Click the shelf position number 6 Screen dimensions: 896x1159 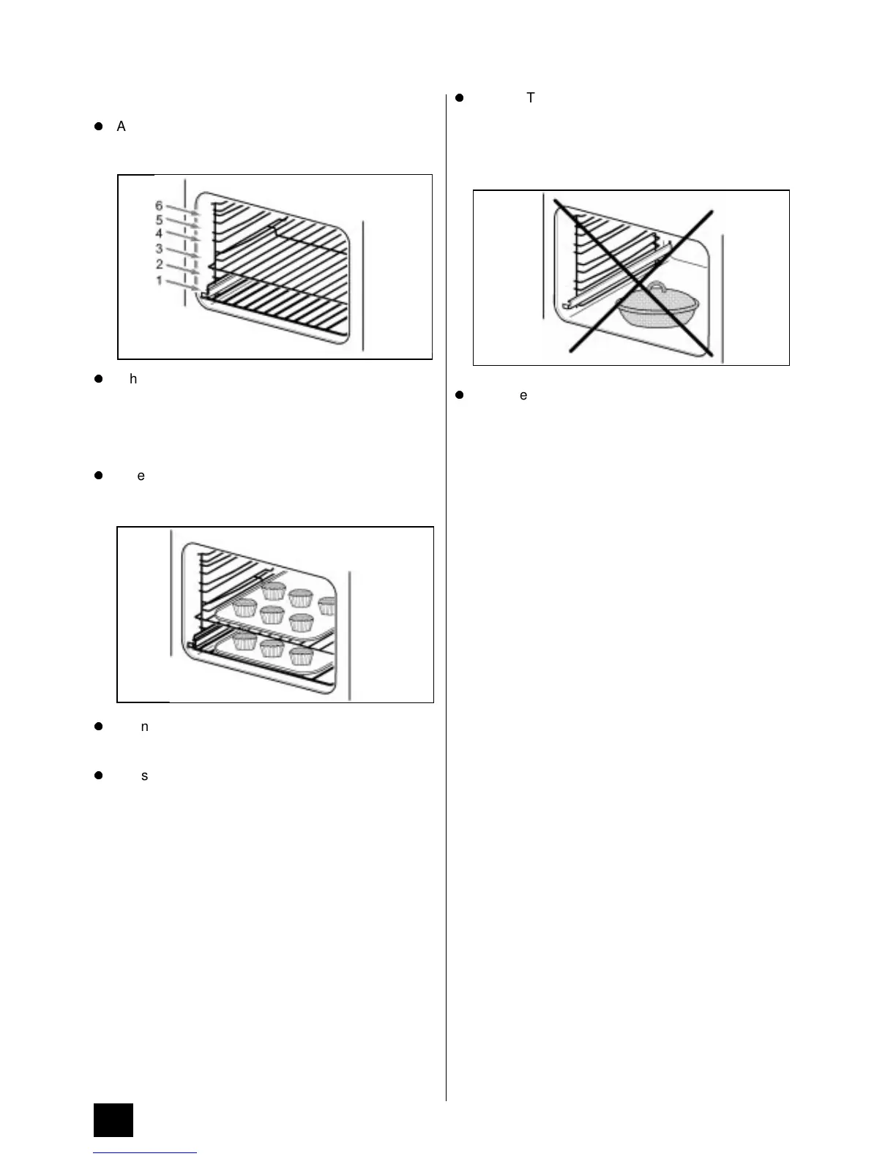coord(159,206)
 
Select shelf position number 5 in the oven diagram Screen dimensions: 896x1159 coord(159,220)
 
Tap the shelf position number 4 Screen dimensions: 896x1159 coord(159,233)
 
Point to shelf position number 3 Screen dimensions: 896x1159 coord(159,250)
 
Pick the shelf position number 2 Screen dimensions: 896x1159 coord(159,265)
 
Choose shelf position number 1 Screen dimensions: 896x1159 coord(159,280)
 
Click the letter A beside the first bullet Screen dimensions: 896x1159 coord(121,127)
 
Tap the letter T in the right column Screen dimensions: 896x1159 coord(531,97)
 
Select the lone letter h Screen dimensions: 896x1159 coord(133,379)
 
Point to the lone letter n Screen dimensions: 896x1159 coord(144,727)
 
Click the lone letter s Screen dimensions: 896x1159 coord(144,776)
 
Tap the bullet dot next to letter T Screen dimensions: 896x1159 coord(460,97)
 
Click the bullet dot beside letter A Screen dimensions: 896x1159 coord(98,127)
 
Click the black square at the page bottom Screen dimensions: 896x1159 coord(113,1119)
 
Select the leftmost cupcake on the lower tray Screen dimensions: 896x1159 coord(245,642)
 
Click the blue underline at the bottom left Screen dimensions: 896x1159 coord(145,1153)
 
